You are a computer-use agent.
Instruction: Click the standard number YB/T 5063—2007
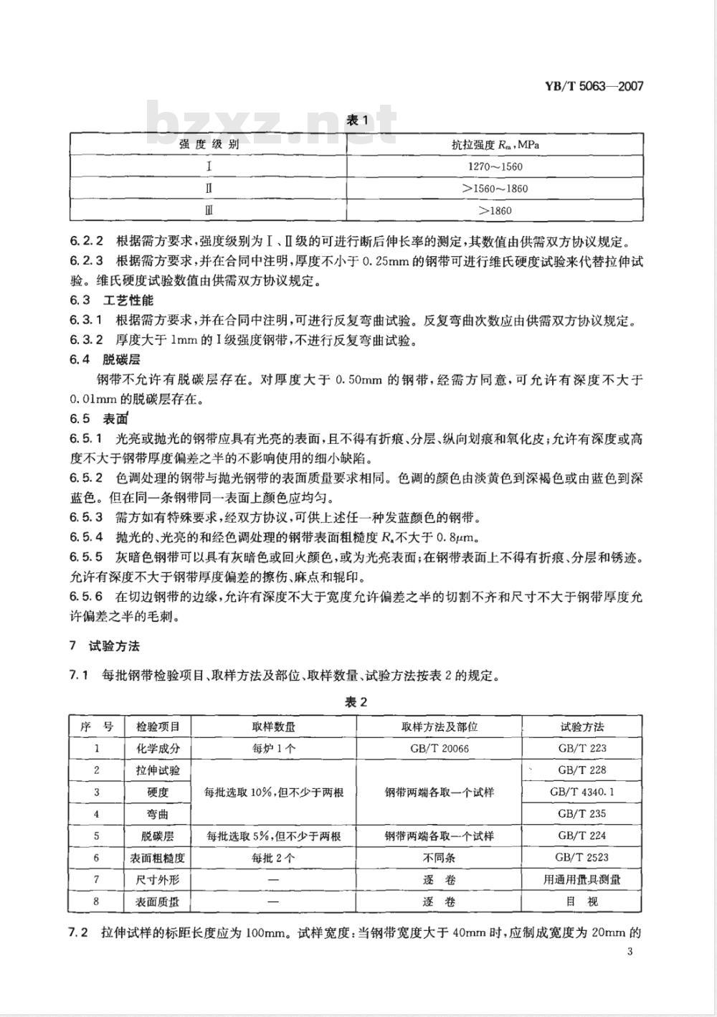(x=599, y=87)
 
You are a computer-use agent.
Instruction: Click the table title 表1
(x=356, y=120)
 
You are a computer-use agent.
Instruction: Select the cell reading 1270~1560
(x=494, y=167)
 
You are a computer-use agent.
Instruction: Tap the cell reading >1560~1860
(x=494, y=189)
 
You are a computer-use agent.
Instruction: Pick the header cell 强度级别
(x=209, y=144)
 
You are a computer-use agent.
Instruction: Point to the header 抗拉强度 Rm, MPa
(x=494, y=144)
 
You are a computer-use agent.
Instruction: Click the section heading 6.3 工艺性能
(x=111, y=301)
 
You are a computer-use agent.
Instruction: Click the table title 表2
(x=356, y=703)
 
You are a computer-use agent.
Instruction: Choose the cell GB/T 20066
(x=440, y=748)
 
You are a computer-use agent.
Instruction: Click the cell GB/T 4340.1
(x=582, y=793)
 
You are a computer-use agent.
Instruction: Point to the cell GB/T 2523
(x=582, y=858)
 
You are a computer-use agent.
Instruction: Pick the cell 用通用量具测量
(x=582, y=880)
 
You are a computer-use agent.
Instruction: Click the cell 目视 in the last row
(x=582, y=902)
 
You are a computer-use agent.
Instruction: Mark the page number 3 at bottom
(x=630, y=952)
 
